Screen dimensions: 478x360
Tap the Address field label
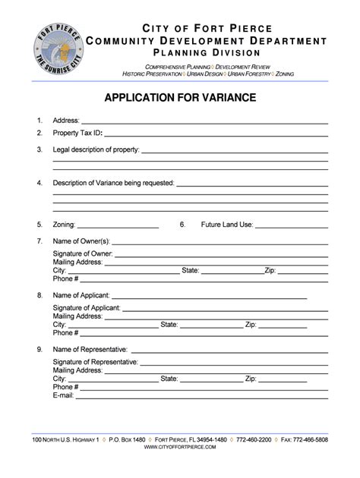(66, 121)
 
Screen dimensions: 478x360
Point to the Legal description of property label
(96, 150)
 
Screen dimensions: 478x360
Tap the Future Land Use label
(227, 225)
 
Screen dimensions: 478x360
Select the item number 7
(39, 241)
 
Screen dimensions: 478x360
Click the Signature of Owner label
(82, 253)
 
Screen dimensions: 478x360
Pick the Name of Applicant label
(81, 294)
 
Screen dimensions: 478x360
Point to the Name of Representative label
(90, 350)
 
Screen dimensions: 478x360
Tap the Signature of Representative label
(95, 363)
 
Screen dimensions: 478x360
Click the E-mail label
(63, 395)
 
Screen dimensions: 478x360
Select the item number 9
(39, 350)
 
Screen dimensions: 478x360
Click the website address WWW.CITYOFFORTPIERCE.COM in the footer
(180, 448)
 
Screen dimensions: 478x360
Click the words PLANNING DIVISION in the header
(208, 52)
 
